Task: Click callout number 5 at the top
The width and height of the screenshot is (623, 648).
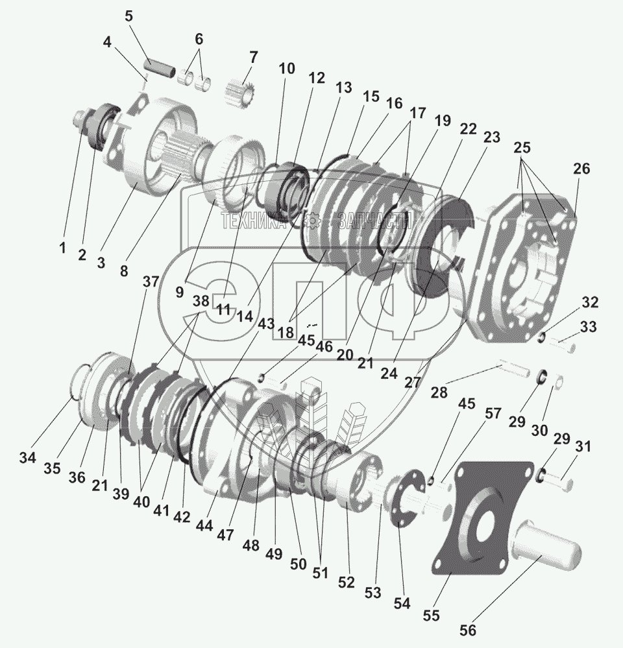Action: click(x=128, y=15)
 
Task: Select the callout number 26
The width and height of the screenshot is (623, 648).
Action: click(x=581, y=169)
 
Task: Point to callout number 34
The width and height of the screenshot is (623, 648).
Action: click(x=27, y=458)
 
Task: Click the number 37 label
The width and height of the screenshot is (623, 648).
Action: click(x=151, y=281)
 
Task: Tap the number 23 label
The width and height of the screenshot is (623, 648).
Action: click(x=491, y=138)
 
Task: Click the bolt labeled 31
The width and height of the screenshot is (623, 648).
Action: click(x=557, y=482)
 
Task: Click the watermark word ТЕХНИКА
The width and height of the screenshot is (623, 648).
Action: click(x=254, y=221)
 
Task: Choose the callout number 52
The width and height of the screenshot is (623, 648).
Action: click(x=347, y=582)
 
